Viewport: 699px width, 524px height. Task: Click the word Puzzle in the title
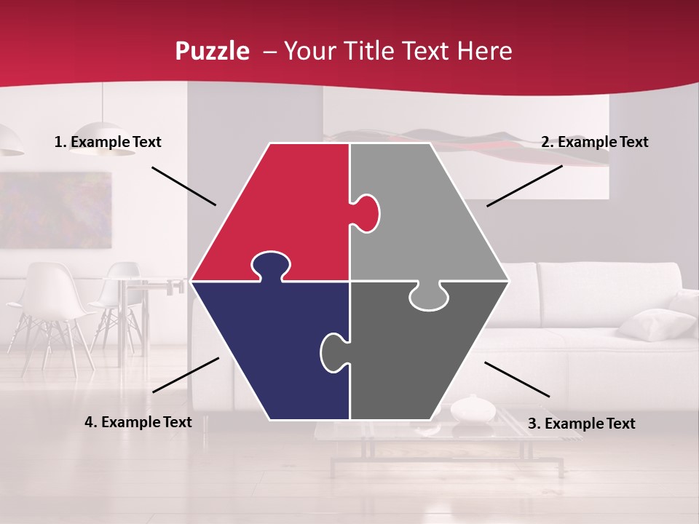[212, 52]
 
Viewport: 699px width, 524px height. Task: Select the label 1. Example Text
[108, 143]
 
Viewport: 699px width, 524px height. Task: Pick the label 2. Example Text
[594, 143]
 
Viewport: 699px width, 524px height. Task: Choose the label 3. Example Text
[581, 424]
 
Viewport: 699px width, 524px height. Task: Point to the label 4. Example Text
[138, 422]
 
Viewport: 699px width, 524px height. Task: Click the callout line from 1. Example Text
[183, 186]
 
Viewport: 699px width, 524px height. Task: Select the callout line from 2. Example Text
[524, 186]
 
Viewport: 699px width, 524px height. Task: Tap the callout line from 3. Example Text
[517, 379]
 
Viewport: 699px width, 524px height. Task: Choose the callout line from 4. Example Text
[186, 375]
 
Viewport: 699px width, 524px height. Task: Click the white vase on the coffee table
[473, 409]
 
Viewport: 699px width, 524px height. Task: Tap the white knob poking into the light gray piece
[366, 213]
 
